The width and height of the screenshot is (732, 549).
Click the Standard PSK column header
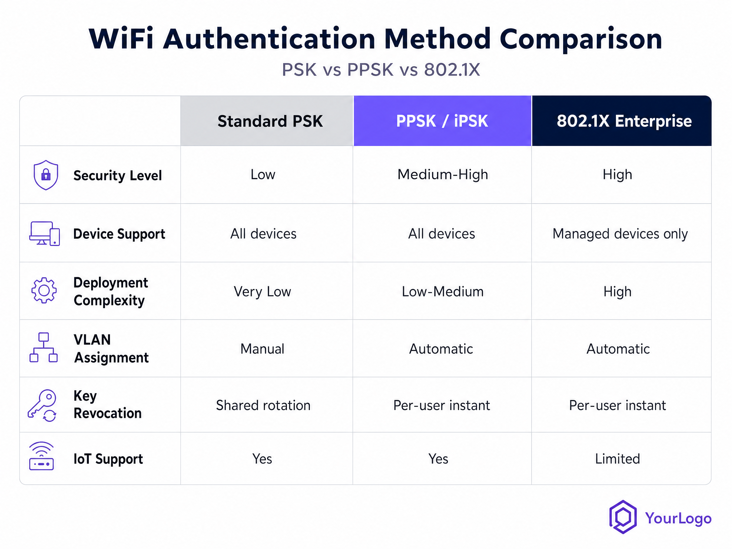click(270, 121)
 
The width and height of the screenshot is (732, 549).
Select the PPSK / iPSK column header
click(442, 121)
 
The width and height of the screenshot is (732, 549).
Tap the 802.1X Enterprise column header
click(624, 121)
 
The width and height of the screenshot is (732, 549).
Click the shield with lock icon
click(46, 175)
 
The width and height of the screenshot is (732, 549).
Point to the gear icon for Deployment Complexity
click(44, 290)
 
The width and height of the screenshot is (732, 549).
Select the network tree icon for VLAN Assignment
click(43, 347)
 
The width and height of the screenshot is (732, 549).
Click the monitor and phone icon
click(45, 233)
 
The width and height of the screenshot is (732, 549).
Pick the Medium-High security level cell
click(443, 175)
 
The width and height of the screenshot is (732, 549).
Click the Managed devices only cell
click(620, 234)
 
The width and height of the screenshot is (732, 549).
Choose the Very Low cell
click(262, 292)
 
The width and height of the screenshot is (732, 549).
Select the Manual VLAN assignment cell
click(262, 349)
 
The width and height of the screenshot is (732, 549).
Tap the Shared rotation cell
click(263, 405)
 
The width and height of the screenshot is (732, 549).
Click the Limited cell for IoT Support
click(618, 459)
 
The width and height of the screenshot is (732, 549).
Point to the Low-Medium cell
click(443, 292)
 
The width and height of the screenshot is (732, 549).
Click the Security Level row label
click(118, 176)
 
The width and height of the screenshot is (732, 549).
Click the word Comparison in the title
click(581, 39)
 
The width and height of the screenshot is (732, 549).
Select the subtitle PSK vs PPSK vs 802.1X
click(381, 70)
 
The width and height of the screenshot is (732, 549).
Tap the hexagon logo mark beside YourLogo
click(623, 517)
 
